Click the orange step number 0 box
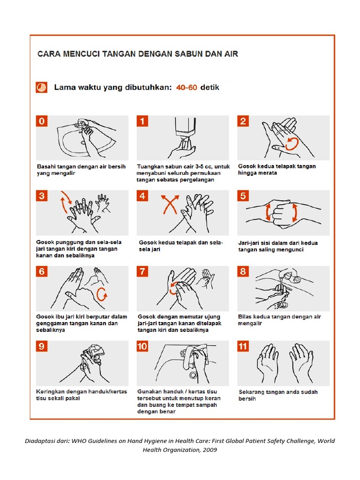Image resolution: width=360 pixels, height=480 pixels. [42, 121]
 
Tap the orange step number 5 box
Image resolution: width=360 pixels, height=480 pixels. [243, 196]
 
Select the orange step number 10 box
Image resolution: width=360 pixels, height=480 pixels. [142, 346]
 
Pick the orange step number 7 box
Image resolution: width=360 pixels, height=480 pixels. [142, 271]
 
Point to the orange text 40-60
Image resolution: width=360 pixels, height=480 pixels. [186, 88]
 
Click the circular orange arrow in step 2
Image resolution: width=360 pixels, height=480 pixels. [291, 143]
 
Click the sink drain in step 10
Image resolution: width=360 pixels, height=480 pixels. [193, 375]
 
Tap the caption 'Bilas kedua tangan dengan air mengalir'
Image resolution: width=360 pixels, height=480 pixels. [279, 320]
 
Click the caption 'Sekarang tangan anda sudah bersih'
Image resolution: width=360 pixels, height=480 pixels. [277, 395]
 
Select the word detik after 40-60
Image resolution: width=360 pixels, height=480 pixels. [210, 88]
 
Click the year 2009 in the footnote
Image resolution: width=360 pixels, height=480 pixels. [209, 450]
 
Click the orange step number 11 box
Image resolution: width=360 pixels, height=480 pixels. [243, 346]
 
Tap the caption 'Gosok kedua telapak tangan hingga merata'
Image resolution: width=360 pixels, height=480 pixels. [277, 169]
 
